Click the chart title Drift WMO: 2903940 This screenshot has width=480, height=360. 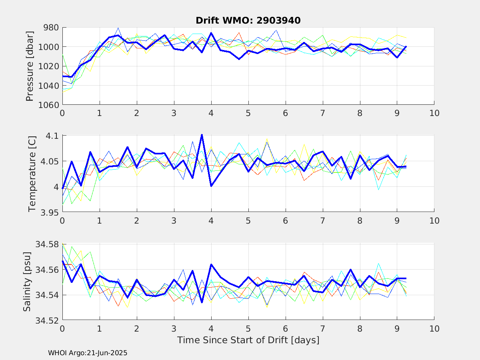[x=248, y=20]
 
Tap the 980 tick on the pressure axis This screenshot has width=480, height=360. [x=51, y=28]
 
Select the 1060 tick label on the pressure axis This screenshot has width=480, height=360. [x=49, y=105]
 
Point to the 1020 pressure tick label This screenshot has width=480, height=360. [x=49, y=66]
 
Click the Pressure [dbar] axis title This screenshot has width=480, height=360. [x=30, y=66]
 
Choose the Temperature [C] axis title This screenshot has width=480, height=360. [x=32, y=174]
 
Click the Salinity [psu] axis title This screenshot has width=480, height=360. [x=27, y=282]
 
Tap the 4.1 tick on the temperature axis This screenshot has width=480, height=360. [x=52, y=136]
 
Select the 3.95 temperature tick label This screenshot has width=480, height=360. [x=50, y=212]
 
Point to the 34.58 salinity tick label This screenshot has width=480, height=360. [x=47, y=244]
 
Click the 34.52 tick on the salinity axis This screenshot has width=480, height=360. [x=47, y=321]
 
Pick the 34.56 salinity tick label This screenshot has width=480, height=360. [x=47, y=270]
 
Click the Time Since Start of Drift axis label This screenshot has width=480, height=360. [x=248, y=340]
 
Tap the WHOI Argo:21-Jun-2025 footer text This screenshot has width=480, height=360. [x=88, y=353]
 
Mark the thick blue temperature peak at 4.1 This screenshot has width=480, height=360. [x=202, y=135]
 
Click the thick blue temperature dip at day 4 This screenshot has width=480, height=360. [x=211, y=186]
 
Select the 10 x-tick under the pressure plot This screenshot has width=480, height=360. [x=434, y=113]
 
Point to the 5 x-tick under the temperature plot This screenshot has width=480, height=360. [x=248, y=221]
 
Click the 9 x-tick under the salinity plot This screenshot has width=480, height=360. [x=397, y=329]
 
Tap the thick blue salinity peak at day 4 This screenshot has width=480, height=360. [x=211, y=265]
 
